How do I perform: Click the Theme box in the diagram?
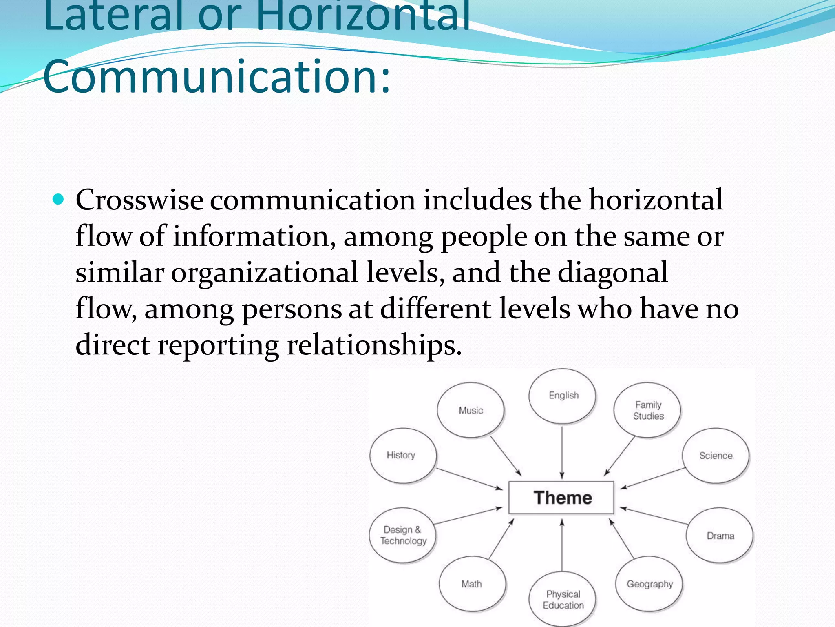pos(561,498)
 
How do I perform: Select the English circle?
pos(563,396)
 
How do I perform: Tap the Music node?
pos(471,410)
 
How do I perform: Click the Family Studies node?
pos(648,410)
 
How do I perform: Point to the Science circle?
pos(716,456)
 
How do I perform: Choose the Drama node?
pos(720,536)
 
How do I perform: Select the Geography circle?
pos(649,584)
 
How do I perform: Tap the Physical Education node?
pos(563,599)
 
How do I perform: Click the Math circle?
pos(472,584)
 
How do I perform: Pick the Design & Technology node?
pos(403,535)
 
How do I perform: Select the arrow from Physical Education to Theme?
pos(562,545)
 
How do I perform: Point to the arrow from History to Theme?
pos(469,479)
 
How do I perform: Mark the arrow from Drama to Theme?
pos(655,516)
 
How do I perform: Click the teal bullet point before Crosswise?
pos(59,200)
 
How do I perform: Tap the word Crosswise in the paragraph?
pos(139,200)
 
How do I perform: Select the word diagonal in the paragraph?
pos(612,272)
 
